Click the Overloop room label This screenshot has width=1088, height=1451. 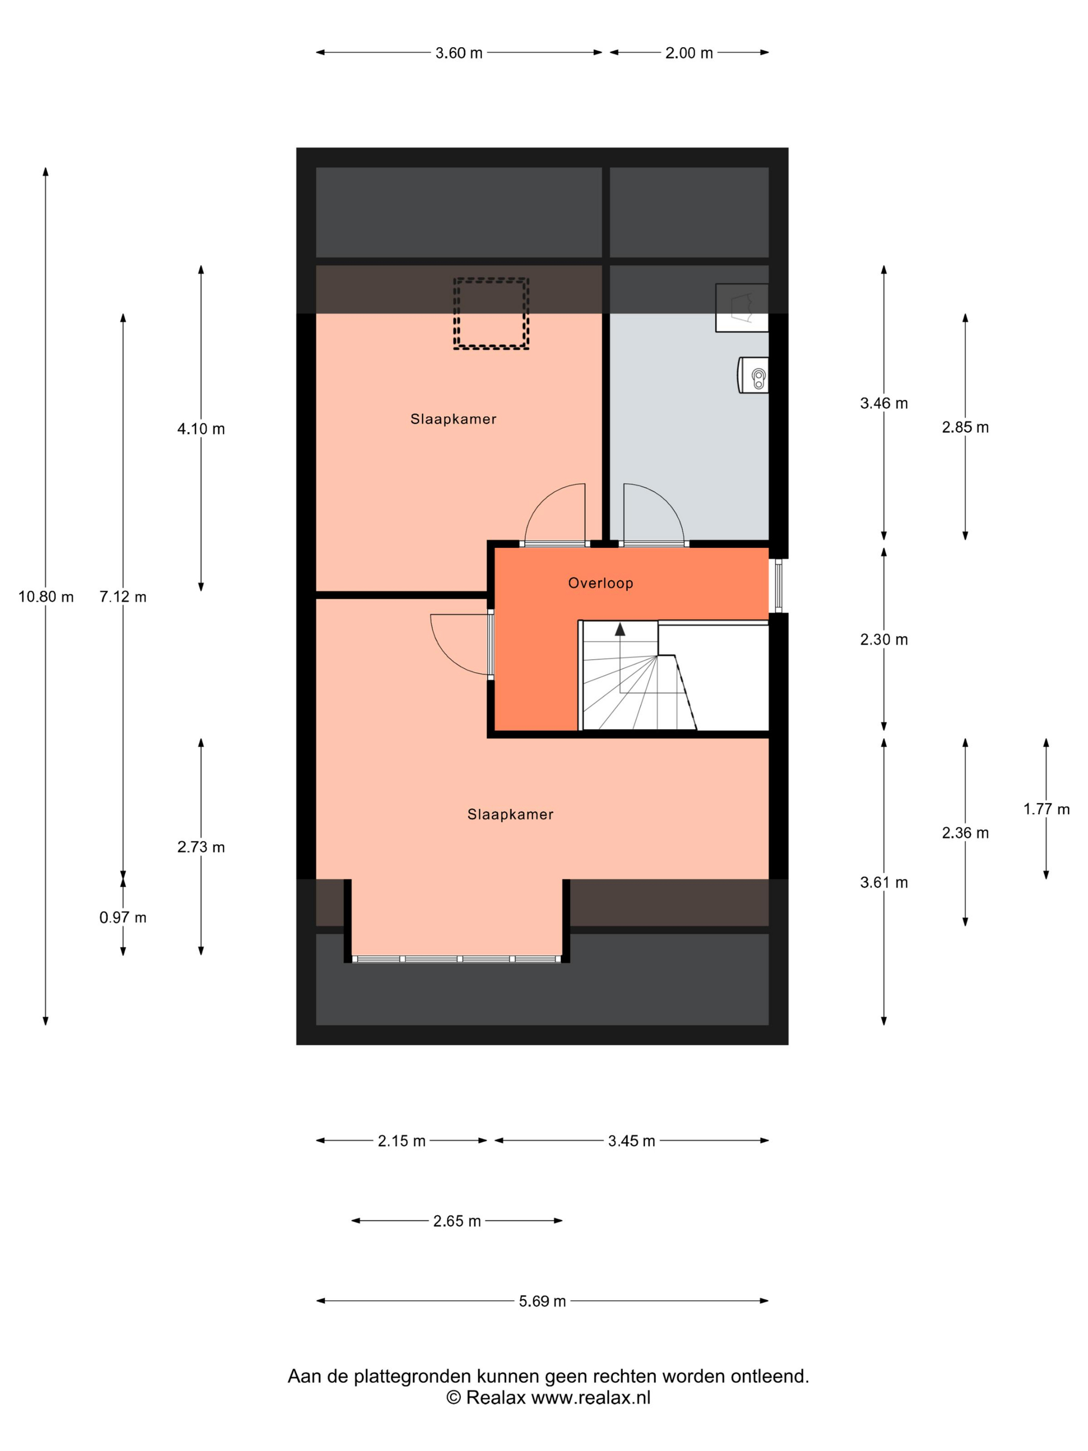point(600,582)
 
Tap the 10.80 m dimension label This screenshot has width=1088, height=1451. point(46,596)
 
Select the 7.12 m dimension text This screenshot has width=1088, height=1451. point(123,596)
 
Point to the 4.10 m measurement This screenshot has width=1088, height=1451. point(201,429)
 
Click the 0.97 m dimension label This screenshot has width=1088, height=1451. point(123,917)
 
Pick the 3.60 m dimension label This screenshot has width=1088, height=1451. point(459,53)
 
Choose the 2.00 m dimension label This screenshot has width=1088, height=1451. point(689,53)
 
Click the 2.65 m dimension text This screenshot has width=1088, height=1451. point(457,1221)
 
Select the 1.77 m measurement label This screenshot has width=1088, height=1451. point(1046,809)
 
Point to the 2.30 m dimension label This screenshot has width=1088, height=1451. point(884,639)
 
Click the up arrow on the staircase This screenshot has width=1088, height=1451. point(620,630)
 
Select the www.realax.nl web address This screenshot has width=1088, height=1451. point(590,1397)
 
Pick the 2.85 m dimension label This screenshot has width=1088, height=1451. point(965,427)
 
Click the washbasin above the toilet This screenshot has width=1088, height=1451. point(742,308)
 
